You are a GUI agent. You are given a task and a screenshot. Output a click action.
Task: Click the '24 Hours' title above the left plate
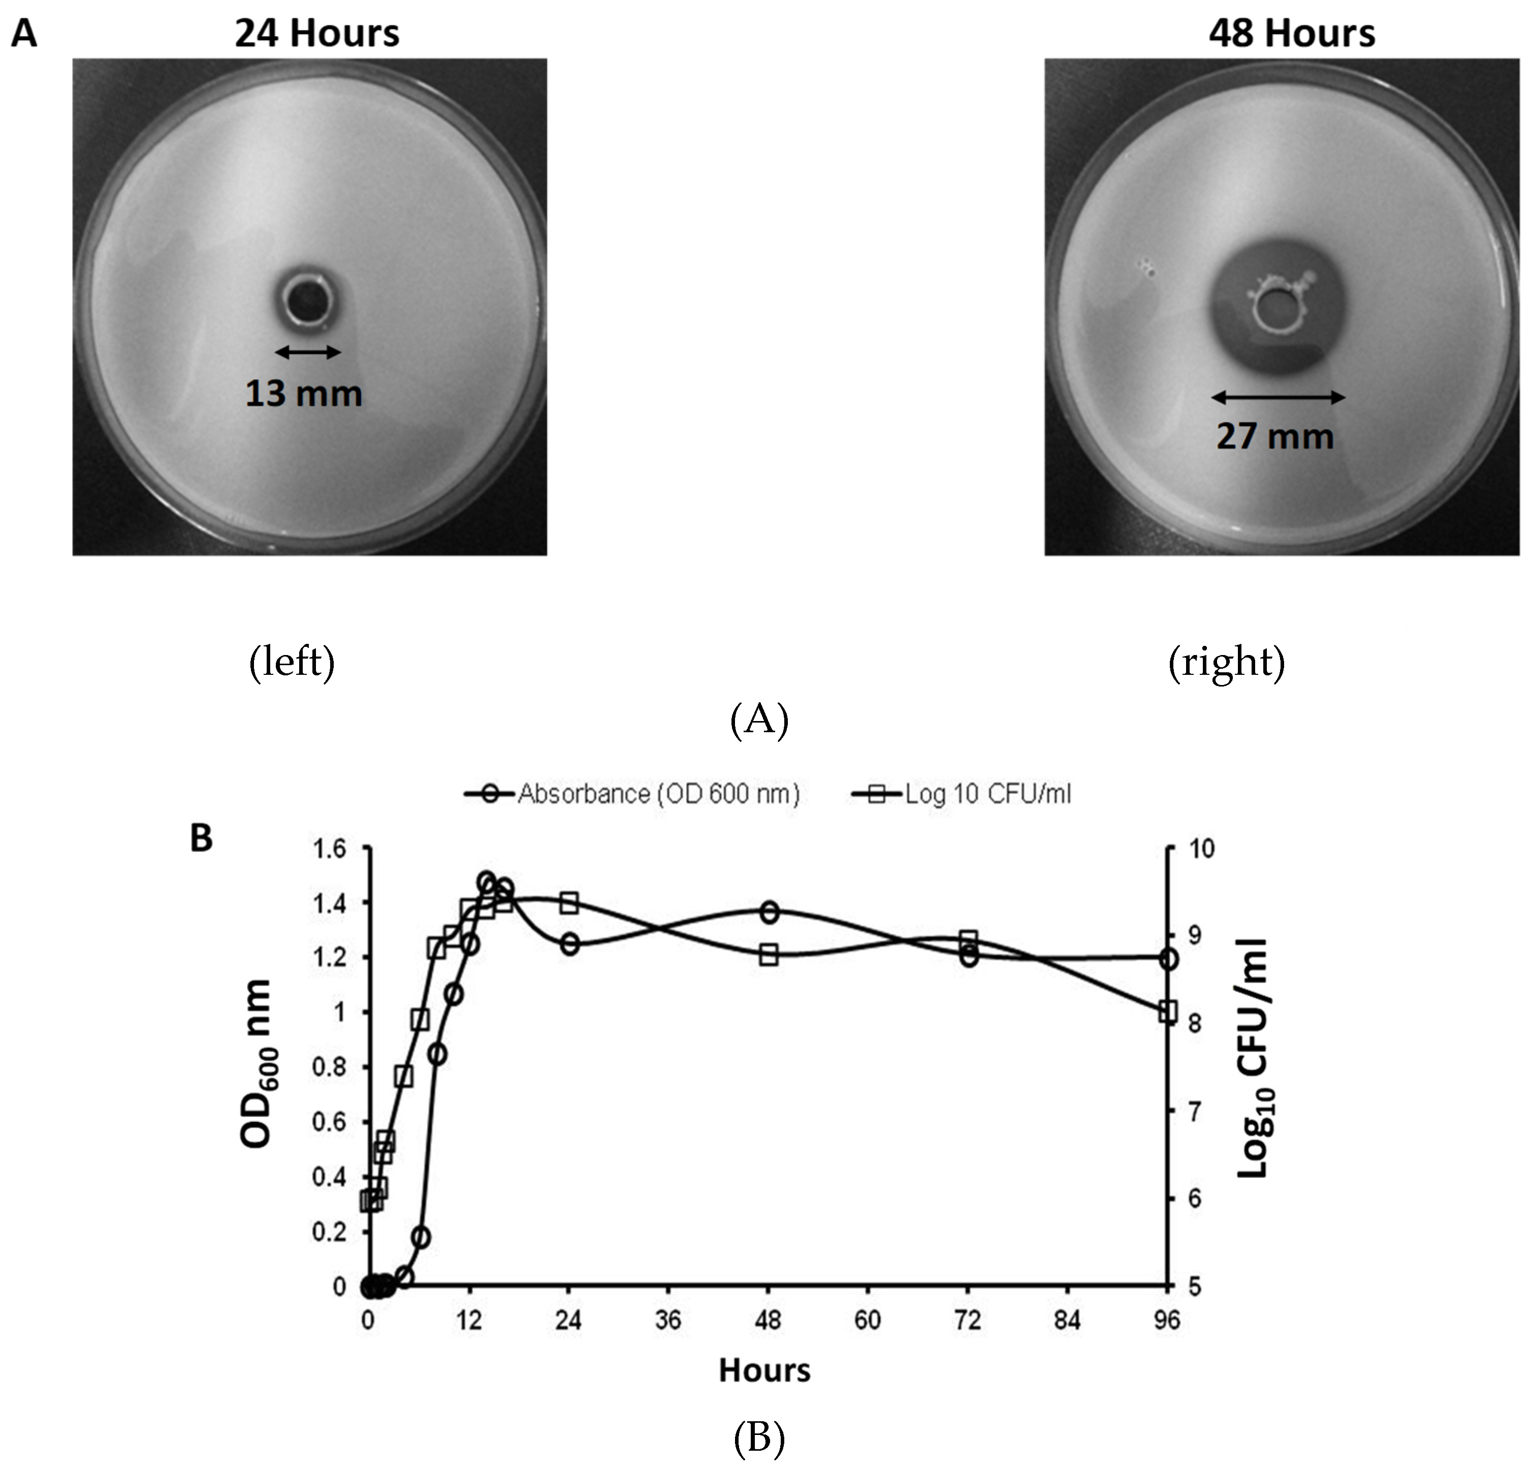tap(317, 34)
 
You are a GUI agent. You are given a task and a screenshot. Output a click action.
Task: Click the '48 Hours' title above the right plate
tap(1291, 34)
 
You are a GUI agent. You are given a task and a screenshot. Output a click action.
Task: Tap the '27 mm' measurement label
tap(1275, 436)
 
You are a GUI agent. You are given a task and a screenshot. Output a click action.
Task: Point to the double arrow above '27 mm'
tap(1278, 397)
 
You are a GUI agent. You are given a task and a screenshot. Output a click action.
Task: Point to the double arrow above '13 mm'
tap(308, 352)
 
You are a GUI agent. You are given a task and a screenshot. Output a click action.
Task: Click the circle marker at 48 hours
tap(770, 912)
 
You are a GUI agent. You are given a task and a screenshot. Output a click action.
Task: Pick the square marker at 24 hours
tap(569, 902)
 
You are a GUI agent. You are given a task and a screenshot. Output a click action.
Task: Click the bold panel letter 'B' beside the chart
tap(201, 839)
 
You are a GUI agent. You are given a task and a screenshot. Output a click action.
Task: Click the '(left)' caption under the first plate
tap(292, 662)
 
